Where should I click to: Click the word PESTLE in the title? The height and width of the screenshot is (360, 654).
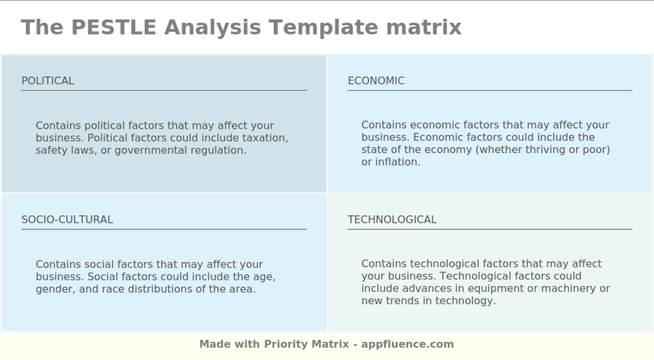click(114, 27)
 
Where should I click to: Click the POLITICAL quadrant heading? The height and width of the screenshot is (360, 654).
click(48, 81)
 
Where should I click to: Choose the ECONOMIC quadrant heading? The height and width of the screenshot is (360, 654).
click(376, 81)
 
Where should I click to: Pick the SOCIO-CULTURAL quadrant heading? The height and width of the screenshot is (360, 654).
click(67, 219)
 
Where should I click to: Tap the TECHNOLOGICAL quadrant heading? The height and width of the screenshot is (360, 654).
click(392, 219)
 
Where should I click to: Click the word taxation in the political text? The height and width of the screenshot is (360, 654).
click(264, 138)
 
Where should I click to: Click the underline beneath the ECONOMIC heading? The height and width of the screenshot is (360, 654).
click(490, 91)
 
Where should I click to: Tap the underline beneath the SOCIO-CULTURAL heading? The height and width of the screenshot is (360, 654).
click(164, 229)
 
